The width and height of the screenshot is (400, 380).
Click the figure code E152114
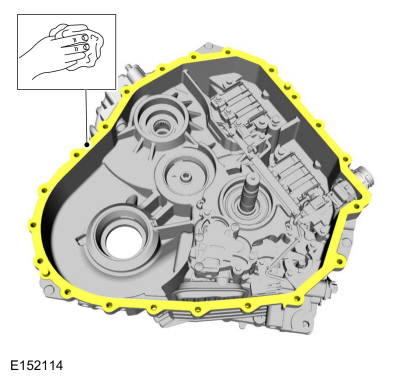pyautogui.click(x=36, y=365)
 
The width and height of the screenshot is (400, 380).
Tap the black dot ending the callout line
pyautogui.click(x=87, y=145)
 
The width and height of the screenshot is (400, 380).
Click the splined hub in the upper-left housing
pyautogui.click(x=161, y=127)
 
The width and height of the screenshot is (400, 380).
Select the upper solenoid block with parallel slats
pyautogui.click(x=241, y=100)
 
